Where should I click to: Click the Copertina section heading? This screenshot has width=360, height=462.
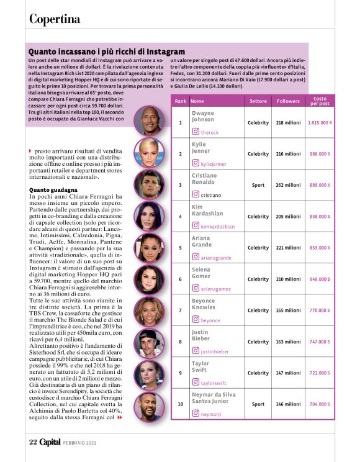(x=55, y=19)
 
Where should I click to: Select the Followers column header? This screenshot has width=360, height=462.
(x=288, y=101)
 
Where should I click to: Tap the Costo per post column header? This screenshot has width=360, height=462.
(x=320, y=101)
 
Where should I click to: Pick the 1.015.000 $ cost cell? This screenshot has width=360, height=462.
(x=320, y=123)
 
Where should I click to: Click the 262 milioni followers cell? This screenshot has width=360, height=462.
(x=288, y=185)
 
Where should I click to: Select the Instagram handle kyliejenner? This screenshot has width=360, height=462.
(x=214, y=163)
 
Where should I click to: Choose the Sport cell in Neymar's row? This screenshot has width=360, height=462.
(x=258, y=404)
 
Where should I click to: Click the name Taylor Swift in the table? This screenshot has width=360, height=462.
(x=200, y=366)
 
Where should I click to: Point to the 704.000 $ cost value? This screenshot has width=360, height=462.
(x=320, y=404)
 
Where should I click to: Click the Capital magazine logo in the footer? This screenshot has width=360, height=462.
(x=51, y=442)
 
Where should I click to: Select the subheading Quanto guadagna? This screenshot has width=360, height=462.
(x=53, y=189)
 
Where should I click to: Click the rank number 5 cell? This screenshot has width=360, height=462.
(x=180, y=248)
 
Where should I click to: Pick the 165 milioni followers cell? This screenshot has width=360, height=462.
(x=288, y=310)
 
